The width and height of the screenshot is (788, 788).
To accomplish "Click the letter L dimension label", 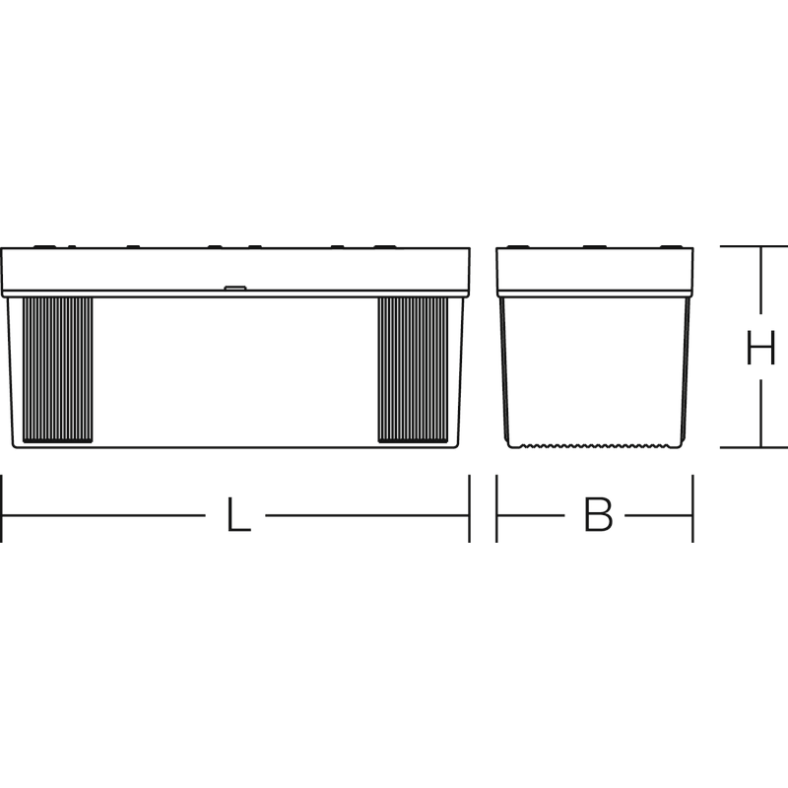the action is pyautogui.click(x=238, y=514).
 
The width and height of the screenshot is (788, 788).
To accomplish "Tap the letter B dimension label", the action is pyautogui.click(x=598, y=514).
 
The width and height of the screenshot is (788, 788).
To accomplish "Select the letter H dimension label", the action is pyautogui.click(x=760, y=348).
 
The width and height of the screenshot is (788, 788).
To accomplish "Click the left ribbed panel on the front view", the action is pyautogui.click(x=58, y=370).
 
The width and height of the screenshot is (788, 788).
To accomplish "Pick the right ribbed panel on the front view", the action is pyautogui.click(x=413, y=370).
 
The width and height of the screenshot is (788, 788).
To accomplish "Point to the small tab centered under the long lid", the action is pyautogui.click(x=235, y=289).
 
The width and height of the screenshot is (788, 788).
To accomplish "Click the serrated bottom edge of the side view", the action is pyautogui.click(x=597, y=446).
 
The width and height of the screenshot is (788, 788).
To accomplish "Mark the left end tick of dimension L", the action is pyautogui.click(x=2, y=508).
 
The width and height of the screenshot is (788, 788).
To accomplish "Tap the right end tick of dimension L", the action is pyautogui.click(x=470, y=508).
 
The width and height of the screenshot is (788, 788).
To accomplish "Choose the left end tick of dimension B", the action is pyautogui.click(x=496, y=508).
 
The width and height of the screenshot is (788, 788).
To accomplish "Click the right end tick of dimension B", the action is pyautogui.click(x=693, y=508).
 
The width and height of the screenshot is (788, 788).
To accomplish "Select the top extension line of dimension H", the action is pyautogui.click(x=754, y=246).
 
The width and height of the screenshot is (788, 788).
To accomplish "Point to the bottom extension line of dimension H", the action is pyautogui.click(x=754, y=447).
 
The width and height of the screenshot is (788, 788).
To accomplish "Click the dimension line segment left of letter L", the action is pyautogui.click(x=103, y=515).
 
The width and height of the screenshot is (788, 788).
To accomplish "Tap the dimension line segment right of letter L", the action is pyautogui.click(x=367, y=515).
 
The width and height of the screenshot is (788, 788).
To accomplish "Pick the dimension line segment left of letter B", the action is pyautogui.click(x=531, y=515).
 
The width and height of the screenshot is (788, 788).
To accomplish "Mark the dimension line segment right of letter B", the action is pyautogui.click(x=659, y=515).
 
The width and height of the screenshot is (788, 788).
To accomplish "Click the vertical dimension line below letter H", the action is pyautogui.click(x=760, y=413).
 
